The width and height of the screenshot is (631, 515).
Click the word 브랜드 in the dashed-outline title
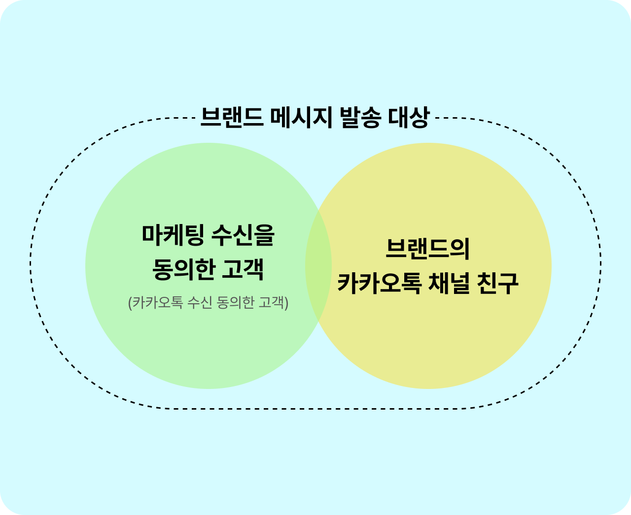tap(232, 118)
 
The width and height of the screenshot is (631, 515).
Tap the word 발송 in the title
tap(360, 118)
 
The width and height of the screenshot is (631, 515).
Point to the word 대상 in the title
tap(409, 118)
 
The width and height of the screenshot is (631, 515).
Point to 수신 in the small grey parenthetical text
tap(199, 302)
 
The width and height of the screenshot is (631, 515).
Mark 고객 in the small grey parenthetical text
tap(272, 302)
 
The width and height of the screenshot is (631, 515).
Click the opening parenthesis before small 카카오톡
tap(130, 302)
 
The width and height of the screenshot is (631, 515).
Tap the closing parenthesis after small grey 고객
tap(286, 302)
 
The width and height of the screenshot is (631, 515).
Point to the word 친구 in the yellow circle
tap(498, 283)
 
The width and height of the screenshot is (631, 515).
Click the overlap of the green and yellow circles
tap(318, 266)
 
